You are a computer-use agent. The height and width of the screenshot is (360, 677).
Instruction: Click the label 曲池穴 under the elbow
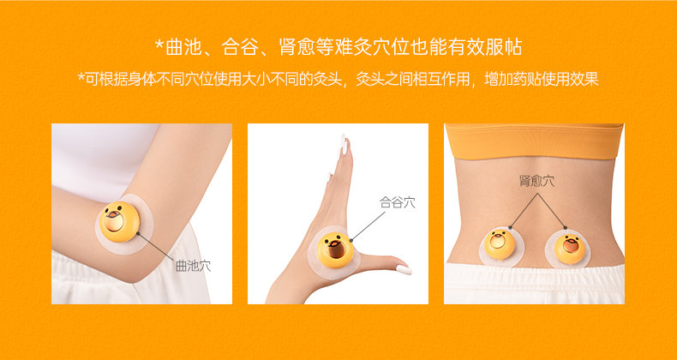(193, 266)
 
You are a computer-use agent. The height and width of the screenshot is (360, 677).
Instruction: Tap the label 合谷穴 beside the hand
(398, 202)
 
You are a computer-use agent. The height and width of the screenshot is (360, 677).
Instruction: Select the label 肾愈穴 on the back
(537, 181)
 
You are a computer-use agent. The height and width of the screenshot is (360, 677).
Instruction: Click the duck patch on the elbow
(119, 222)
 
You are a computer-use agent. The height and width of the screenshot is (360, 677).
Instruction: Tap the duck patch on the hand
(335, 251)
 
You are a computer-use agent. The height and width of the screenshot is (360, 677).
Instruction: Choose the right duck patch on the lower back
(570, 249)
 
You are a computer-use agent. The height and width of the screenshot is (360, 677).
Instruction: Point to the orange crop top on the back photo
(535, 141)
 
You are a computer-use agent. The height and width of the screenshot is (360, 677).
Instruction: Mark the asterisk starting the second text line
(81, 78)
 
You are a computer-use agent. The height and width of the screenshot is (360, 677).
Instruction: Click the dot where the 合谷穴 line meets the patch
(351, 240)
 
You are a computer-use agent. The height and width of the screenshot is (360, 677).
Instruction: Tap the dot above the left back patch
(510, 226)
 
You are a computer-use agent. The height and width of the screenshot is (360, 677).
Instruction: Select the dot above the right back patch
(566, 227)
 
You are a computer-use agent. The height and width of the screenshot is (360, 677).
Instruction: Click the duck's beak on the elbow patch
(112, 213)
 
